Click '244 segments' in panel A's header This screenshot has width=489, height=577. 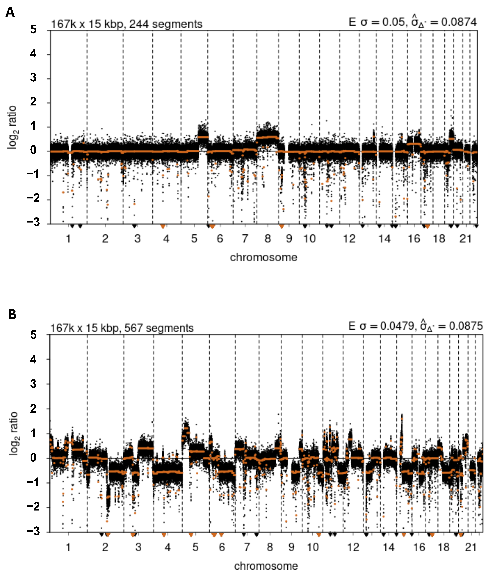pos(166,24)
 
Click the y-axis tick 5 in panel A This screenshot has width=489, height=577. pos(33,29)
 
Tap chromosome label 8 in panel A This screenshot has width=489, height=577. pos(268,238)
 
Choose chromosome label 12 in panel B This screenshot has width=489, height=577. pos(353,547)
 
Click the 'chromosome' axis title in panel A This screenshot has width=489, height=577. pos(263,257)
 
